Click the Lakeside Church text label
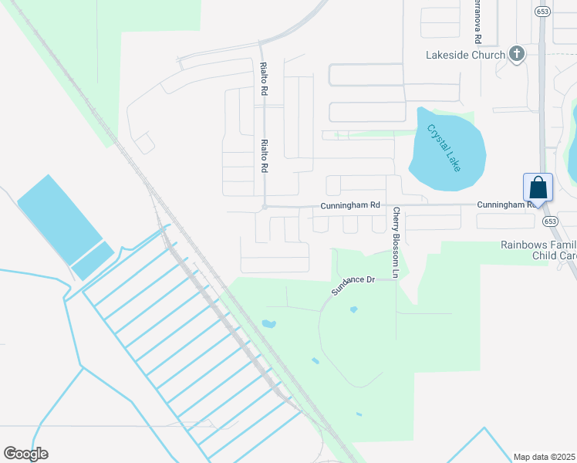click(x=466, y=55)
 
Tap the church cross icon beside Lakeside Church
click(x=517, y=54)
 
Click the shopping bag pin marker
click(x=538, y=188)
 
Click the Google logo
click(x=25, y=454)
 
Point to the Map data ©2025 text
click(x=545, y=457)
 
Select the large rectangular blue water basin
click(x=59, y=218)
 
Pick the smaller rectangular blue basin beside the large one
click(x=93, y=261)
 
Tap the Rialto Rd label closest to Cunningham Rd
click(x=264, y=156)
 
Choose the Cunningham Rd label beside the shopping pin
click(x=505, y=204)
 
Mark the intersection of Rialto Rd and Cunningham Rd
click(x=264, y=207)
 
